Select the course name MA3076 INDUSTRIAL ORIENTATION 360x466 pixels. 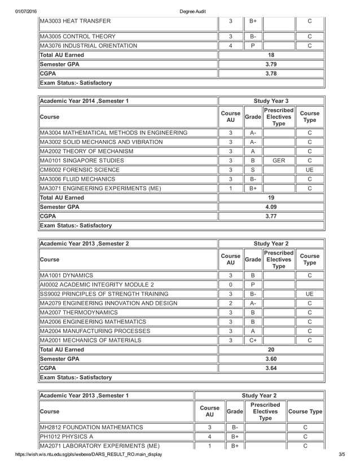coord(88,46)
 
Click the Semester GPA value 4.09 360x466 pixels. coord(271,207)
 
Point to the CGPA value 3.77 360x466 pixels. coord(271,216)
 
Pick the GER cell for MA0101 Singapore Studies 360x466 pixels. coord(278,161)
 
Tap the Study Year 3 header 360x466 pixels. coord(271,102)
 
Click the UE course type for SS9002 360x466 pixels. coord(310,294)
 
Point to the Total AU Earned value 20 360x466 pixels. coord(271,349)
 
